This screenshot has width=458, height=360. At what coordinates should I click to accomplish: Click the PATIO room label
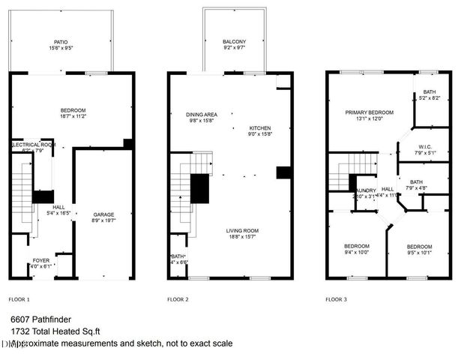point(61,42)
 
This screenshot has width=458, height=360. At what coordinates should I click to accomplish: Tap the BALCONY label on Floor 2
point(234,42)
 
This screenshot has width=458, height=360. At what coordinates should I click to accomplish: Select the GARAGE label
point(104,214)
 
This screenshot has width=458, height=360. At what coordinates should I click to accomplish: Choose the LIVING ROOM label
point(244,230)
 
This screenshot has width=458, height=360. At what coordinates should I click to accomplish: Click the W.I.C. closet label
point(425,147)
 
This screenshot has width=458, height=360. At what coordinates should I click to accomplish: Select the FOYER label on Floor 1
point(40,260)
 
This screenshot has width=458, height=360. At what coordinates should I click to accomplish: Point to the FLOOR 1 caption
point(19,298)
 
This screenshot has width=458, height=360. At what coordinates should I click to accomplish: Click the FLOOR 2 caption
point(178,298)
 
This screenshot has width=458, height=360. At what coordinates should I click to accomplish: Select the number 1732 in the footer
point(20,331)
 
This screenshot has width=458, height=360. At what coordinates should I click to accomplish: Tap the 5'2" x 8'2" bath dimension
point(428,97)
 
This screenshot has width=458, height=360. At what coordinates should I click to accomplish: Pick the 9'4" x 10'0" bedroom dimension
point(357,253)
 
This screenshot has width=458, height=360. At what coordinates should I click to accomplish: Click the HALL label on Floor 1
point(58,207)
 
